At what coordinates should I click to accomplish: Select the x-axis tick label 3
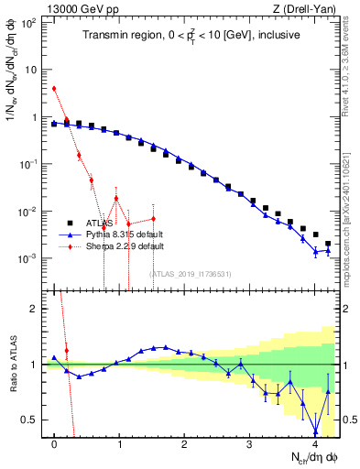pos(250,445)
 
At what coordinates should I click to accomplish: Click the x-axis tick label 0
pos(55,445)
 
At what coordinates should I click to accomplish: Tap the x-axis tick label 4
pos(315,445)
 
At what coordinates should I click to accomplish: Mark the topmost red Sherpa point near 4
pos(55,89)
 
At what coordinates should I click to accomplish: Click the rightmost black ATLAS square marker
pos(328,244)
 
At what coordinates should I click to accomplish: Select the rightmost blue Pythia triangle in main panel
pos(328,250)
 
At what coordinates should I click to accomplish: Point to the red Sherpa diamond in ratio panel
pos(67,351)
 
